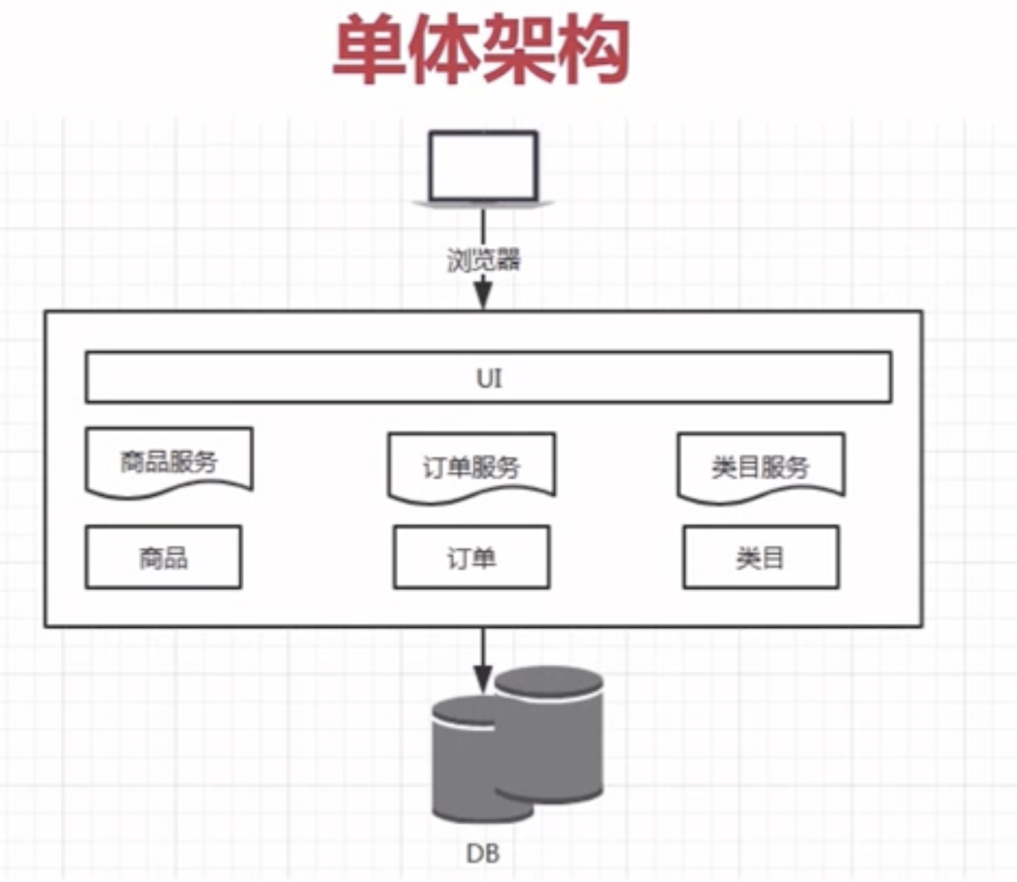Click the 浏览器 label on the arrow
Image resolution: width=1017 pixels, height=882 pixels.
coord(483,260)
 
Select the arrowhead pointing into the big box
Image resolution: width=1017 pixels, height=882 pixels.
coord(483,295)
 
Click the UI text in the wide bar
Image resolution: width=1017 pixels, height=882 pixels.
coord(489,379)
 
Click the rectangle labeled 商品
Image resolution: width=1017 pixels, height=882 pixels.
coord(163,557)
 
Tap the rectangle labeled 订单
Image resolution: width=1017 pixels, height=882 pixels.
coord(471,557)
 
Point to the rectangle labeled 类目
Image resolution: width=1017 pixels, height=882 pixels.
coord(761,557)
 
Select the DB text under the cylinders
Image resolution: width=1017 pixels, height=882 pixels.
coord(483,854)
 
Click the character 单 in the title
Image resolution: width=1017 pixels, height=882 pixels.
coord(370,50)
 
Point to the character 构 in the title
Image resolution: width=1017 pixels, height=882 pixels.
coord(594,50)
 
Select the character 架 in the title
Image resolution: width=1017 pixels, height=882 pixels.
coord(519,50)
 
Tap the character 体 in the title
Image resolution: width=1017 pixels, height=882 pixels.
coord(443,50)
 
